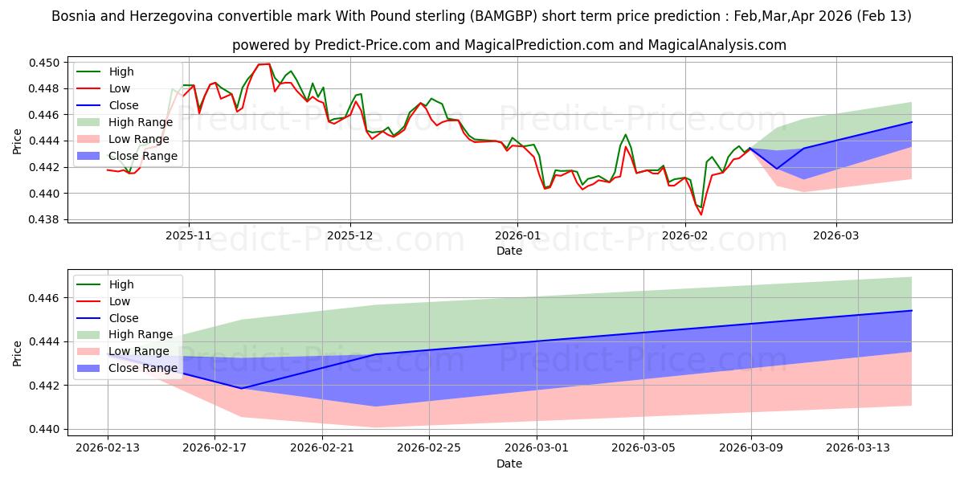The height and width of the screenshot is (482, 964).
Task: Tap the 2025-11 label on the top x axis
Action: pyautogui.click(x=189, y=236)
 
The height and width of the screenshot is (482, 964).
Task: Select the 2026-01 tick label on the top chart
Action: pyautogui.click(x=517, y=236)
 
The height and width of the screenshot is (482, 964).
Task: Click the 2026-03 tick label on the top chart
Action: pyautogui.click(x=836, y=236)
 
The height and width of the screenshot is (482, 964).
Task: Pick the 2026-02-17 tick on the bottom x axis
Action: pyautogui.click(x=214, y=447)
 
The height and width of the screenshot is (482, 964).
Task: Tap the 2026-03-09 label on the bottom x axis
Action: pyautogui.click(x=751, y=447)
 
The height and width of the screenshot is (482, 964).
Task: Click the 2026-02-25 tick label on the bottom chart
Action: pyautogui.click(x=429, y=447)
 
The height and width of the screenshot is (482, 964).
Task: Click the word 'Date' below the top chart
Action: pyautogui.click(x=509, y=251)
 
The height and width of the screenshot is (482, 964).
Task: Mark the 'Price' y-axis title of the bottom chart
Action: pyautogui.click(x=18, y=353)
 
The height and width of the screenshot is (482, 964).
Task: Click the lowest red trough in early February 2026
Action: pyautogui.click(x=701, y=214)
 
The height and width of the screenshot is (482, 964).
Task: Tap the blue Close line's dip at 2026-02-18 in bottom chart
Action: pyautogui.click(x=242, y=389)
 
